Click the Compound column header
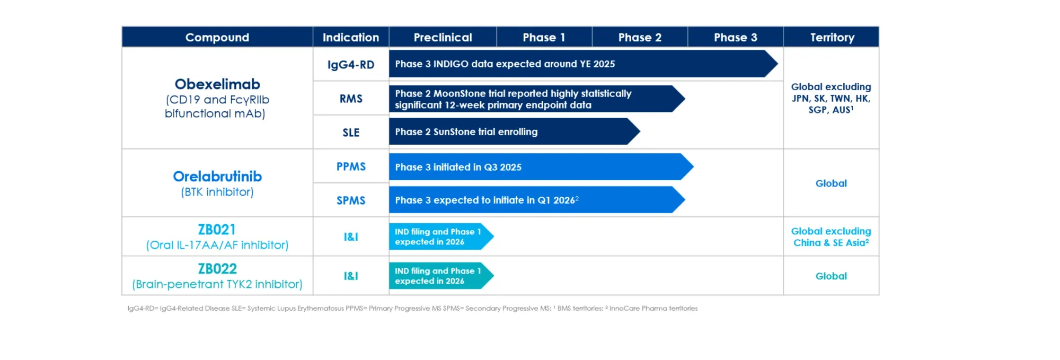(217, 37)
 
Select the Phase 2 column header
(640, 37)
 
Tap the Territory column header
(832, 37)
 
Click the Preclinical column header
(443, 37)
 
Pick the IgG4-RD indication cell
(351, 65)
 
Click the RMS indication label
(351, 99)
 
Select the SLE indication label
(351, 133)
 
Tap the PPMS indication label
(351, 166)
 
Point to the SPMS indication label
(351, 200)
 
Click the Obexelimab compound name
(217, 84)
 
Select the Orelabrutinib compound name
(217, 177)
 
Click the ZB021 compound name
(217, 230)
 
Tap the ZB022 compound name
(217, 269)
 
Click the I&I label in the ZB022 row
(351, 276)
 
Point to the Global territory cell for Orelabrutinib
(831, 183)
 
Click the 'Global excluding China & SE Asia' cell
(831, 237)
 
